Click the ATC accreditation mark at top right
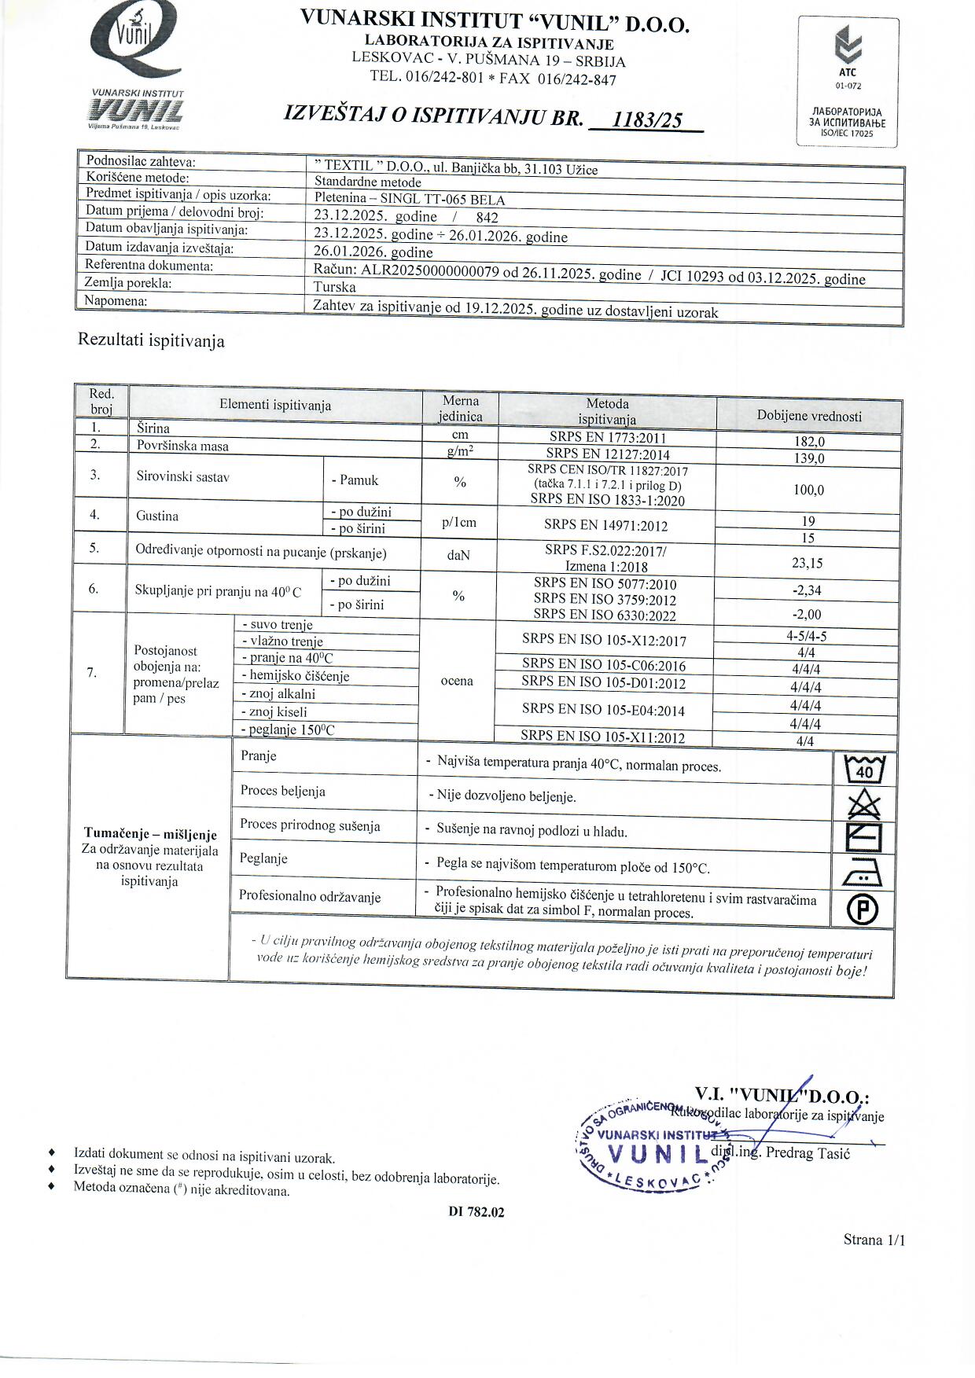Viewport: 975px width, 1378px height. pos(848,82)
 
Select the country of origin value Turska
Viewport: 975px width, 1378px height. pos(334,287)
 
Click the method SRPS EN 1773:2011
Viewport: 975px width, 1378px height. pos(607,438)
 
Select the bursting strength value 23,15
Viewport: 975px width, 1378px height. pos(808,563)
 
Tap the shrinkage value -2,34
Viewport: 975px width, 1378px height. pos(807,590)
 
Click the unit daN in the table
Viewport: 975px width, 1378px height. pos(458,555)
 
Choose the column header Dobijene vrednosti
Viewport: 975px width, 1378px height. pos(809,416)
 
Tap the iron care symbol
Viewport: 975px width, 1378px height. pos(863,873)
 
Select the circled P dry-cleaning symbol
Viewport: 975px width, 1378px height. pos(863,910)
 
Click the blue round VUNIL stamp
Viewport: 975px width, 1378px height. pos(653,1146)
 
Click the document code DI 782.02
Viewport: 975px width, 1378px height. pos(476,1212)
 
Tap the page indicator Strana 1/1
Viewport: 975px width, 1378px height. pos(874,1240)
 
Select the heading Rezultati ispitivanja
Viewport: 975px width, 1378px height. pos(151,341)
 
